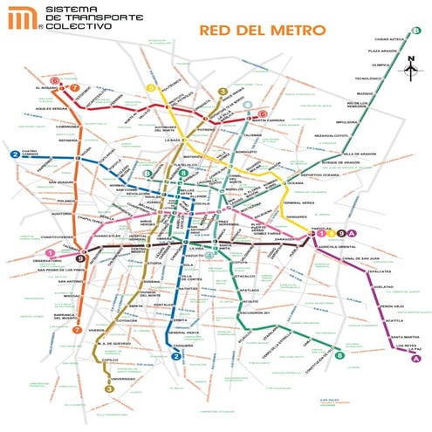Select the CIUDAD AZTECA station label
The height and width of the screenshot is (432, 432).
coord(388,39)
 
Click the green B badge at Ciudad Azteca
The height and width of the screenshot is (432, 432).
coord(416,33)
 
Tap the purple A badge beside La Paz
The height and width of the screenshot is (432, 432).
coord(416,359)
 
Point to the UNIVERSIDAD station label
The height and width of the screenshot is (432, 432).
coord(123,379)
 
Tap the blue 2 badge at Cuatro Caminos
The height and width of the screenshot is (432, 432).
coord(15,154)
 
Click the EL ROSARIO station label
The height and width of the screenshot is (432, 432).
coord(46,88)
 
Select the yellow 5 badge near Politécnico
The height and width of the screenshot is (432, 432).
coord(150,88)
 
